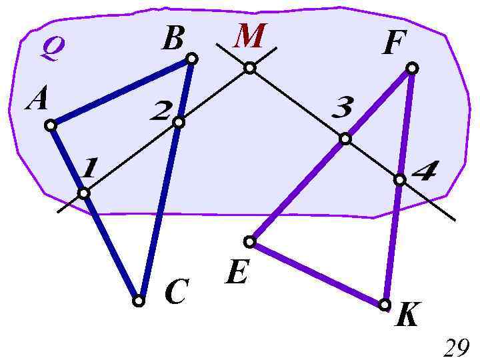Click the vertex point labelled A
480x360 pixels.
click(x=51, y=125)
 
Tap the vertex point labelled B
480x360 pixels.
click(x=191, y=59)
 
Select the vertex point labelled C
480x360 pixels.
click(x=138, y=301)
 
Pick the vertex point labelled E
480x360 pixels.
click(x=250, y=241)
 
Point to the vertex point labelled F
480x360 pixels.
click(x=412, y=68)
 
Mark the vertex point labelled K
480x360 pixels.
click(x=385, y=305)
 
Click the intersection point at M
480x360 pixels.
click(x=249, y=67)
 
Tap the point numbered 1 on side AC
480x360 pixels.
click(x=83, y=193)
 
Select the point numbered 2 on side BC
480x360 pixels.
click(x=178, y=122)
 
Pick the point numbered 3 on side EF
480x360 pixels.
click(x=345, y=139)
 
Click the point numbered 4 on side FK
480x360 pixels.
click(x=399, y=179)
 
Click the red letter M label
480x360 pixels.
click(x=250, y=37)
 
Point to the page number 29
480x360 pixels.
click(x=457, y=347)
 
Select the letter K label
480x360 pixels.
click(x=407, y=316)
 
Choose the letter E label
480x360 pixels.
click(x=237, y=273)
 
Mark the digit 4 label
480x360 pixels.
click(x=425, y=174)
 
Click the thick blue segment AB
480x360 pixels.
click(x=121, y=92)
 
